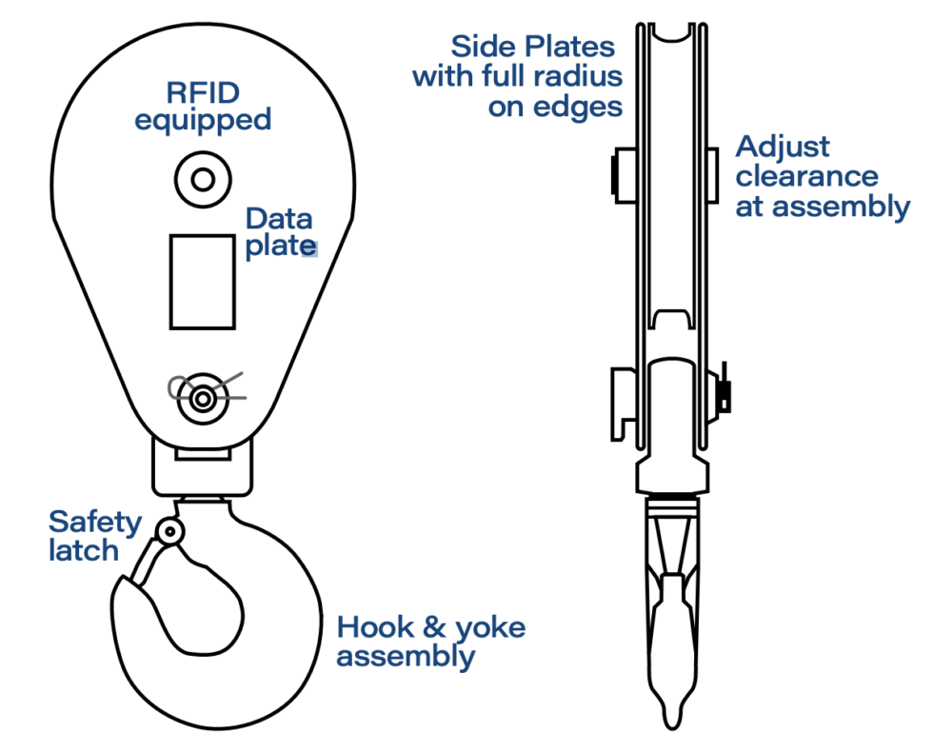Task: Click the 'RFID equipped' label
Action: [x=203, y=107]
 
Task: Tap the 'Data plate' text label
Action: [x=279, y=232]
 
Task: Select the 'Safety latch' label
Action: [x=94, y=536]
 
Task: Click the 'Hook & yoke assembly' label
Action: [x=430, y=642]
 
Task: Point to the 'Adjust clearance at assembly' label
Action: [x=822, y=176]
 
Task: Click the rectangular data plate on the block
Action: [x=202, y=281]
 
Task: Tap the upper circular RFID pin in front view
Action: [x=202, y=177]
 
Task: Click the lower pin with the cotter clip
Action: [x=202, y=399]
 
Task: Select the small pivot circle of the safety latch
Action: [x=170, y=531]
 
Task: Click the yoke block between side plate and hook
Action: [x=202, y=467]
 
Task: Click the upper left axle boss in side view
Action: [x=623, y=175]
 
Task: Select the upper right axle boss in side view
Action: [x=713, y=175]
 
